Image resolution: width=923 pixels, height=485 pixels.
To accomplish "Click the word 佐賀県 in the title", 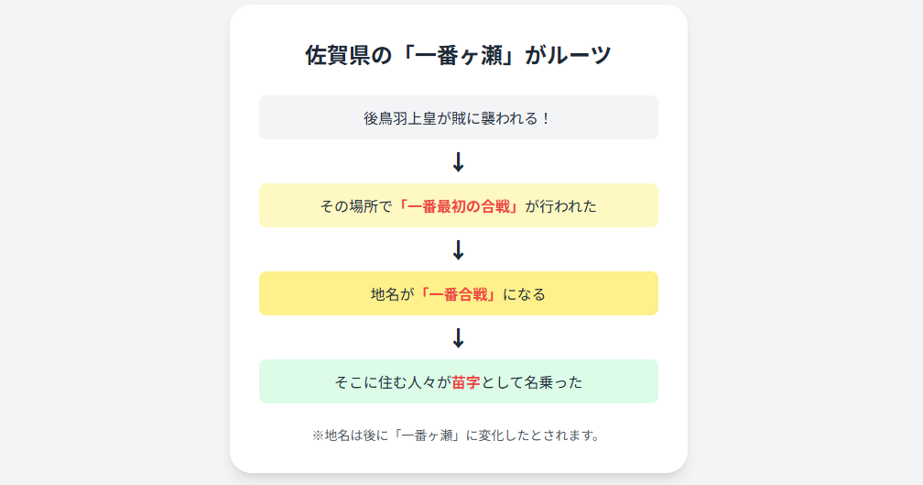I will point(340,56).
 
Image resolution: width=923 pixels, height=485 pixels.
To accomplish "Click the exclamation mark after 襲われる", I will point(547,118).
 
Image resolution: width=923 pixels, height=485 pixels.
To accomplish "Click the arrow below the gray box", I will point(459,162).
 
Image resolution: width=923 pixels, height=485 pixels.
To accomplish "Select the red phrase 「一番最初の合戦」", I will point(458,206).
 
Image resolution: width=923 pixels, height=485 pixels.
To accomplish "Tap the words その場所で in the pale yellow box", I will point(356,206).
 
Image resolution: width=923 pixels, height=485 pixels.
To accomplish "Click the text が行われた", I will point(560,206).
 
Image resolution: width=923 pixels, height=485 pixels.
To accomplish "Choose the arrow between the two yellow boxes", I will point(459,250).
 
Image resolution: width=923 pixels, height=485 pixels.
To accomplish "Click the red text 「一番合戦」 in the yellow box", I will point(458,294).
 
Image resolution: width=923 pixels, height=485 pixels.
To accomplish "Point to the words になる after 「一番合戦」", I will point(524,294).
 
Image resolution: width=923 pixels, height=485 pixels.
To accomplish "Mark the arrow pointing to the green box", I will point(459,338).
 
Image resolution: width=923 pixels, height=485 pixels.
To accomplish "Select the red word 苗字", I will point(466,382).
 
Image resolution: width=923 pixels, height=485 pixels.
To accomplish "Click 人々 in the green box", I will point(423,382).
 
